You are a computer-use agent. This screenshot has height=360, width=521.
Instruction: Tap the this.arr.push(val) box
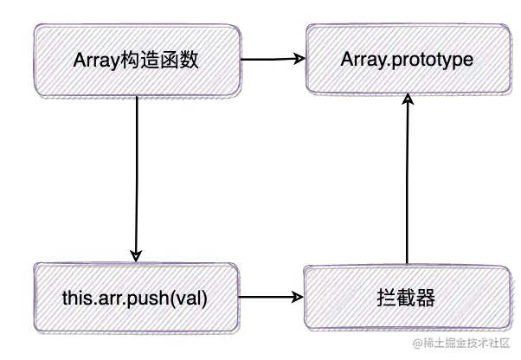pyautogui.click(x=137, y=299)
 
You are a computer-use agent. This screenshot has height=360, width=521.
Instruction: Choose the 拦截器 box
pyautogui.click(x=406, y=299)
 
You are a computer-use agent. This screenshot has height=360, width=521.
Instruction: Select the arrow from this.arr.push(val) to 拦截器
pyautogui.click(x=271, y=299)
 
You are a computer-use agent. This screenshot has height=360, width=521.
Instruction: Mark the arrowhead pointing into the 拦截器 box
pyautogui.click(x=299, y=299)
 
